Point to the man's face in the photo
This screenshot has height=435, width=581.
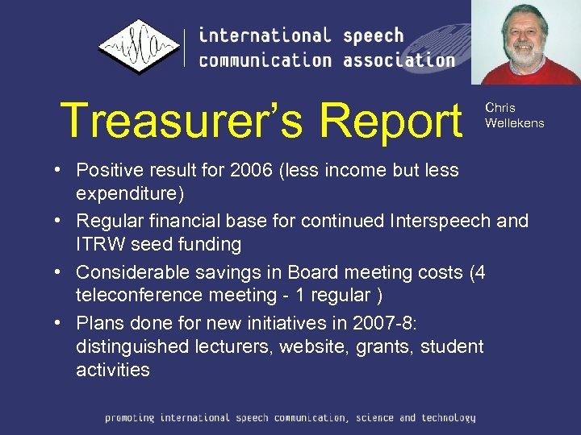pos(526,41)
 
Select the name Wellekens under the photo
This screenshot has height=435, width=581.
pos(514,123)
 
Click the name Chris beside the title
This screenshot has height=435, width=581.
pos(500,108)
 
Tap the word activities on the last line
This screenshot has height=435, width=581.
pos(113,371)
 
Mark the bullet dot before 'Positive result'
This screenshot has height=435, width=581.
pos(61,171)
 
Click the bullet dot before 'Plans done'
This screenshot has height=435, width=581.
pos(61,324)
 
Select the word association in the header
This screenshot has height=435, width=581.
pos(399,60)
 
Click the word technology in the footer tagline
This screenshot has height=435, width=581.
pos(447,417)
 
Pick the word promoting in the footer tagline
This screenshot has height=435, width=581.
pos(130,417)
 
